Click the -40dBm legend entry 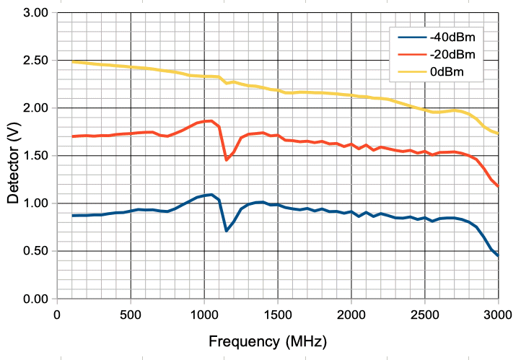(x=452, y=35)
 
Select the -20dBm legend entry (x=452, y=54)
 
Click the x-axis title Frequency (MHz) (x=267, y=340)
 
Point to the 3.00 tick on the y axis (x=35, y=13)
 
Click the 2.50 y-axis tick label (x=35, y=61)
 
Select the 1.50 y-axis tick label (x=35, y=156)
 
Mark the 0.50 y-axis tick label (x=35, y=251)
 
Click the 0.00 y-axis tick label (x=35, y=299)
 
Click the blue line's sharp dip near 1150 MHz (x=227, y=231)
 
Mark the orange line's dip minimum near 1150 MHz (x=227, y=160)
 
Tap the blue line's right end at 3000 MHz (x=498, y=256)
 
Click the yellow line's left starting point (x=72, y=61)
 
